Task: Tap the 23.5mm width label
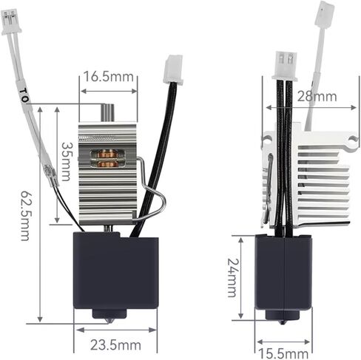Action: (116, 344)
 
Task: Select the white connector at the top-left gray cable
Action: (11, 21)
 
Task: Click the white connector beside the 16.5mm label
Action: (173, 69)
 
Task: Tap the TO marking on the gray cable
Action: (24, 94)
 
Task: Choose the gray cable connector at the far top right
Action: (324, 15)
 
